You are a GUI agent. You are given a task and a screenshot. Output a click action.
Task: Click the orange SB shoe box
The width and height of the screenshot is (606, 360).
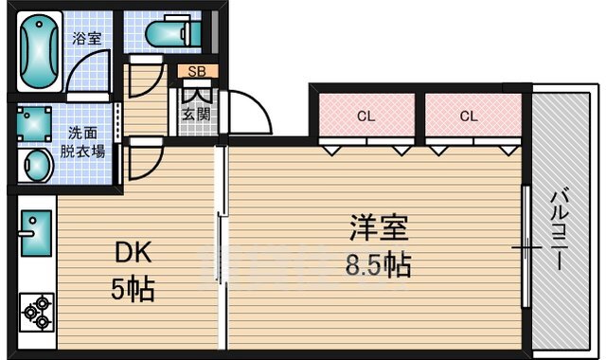pos(197,71)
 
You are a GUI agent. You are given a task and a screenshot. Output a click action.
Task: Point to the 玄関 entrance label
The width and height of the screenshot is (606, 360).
pos(197,117)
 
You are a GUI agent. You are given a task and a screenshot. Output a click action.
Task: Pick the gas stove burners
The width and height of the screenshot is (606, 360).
pos(37,312)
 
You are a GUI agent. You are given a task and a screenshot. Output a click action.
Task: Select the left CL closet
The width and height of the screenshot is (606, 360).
pos(365,117)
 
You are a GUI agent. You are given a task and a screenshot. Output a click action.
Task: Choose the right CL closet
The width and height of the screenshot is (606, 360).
pos(468,117)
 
